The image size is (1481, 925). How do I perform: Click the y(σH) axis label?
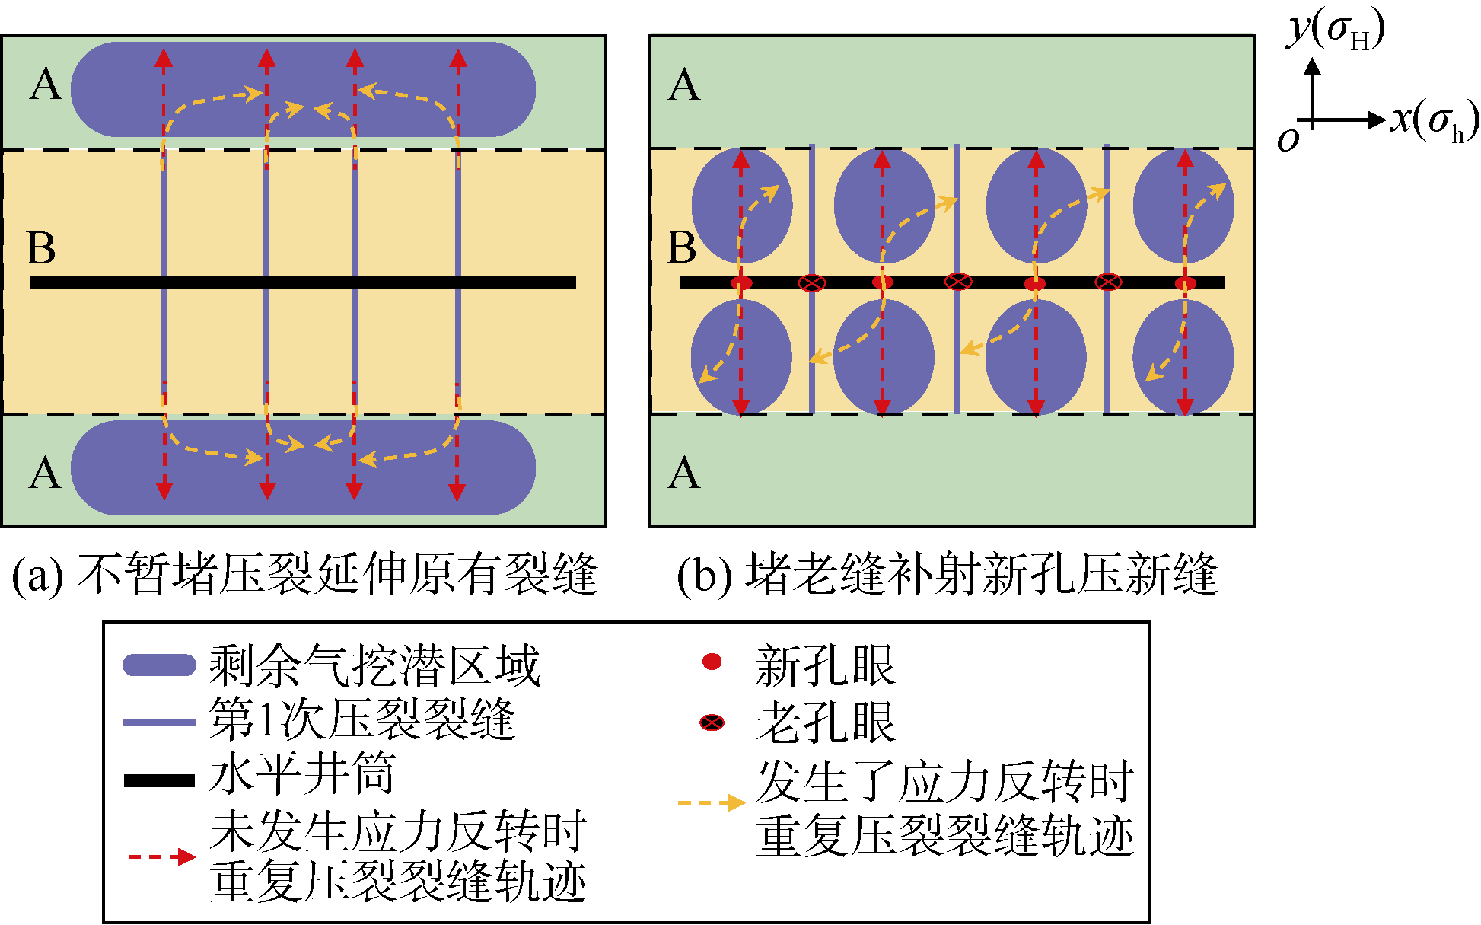[1336, 30]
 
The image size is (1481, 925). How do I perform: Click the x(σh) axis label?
[1435, 120]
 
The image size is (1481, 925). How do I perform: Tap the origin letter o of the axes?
[1288, 139]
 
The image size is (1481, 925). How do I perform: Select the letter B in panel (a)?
[41, 248]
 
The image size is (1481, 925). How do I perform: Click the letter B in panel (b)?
[682, 248]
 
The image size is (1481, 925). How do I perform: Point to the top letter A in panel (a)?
[46, 85]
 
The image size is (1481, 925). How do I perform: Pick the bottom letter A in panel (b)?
[683, 474]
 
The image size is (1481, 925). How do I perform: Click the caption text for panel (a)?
[304, 575]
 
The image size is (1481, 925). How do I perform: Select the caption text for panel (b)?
[948, 575]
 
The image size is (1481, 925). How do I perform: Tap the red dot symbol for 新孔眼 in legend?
[712, 662]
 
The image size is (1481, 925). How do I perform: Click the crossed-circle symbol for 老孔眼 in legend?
[712, 722]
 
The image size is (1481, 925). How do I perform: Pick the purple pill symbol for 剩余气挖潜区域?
[159, 665]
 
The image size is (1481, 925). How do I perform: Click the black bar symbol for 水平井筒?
[159, 780]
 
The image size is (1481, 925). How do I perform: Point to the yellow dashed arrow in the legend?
[711, 802]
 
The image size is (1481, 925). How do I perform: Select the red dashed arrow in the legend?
[161, 857]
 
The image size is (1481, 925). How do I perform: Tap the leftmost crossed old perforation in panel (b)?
[812, 283]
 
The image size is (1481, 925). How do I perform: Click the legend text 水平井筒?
[302, 775]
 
